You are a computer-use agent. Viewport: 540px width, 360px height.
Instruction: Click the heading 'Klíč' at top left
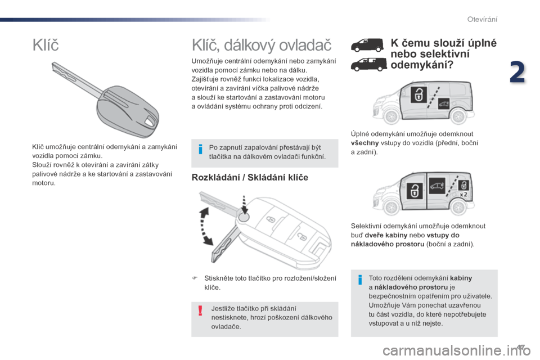coord(46,45)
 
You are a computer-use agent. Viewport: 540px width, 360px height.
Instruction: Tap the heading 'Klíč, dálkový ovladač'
coord(262,45)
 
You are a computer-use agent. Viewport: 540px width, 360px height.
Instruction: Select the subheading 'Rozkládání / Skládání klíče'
coord(250,178)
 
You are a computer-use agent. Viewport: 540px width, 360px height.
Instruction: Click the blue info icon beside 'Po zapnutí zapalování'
coord(200,150)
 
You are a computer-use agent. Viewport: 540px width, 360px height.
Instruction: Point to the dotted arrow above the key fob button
coord(244,202)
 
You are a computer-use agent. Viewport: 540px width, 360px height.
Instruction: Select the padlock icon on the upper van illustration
coord(418,94)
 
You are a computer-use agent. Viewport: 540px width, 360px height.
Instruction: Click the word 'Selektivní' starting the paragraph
coord(366,226)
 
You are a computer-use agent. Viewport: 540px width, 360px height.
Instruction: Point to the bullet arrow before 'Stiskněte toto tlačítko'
coord(195,278)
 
